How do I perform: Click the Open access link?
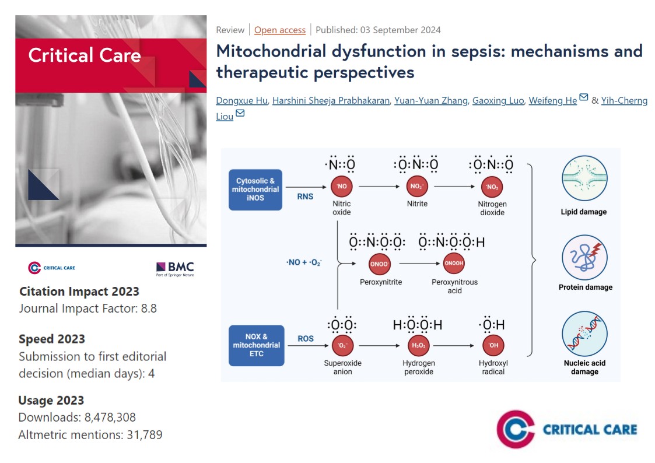[x=279, y=30]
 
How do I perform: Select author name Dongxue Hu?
[x=241, y=101]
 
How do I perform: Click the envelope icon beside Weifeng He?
[x=584, y=99]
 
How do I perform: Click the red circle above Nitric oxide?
[x=341, y=187]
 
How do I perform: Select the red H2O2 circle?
[x=418, y=346]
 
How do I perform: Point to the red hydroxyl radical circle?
[x=493, y=346]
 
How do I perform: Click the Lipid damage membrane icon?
[x=583, y=178]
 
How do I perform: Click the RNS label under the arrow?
[x=305, y=197]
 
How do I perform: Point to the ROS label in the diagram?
[x=306, y=338]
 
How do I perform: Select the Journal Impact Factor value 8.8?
[x=149, y=308]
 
